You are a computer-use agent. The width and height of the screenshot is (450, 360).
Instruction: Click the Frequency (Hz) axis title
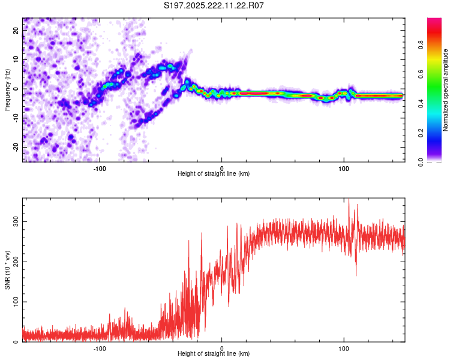coord(7,89)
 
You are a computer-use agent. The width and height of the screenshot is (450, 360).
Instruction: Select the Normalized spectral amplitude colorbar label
coord(446,90)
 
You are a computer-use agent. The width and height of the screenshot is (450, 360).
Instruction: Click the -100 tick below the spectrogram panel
coord(100,169)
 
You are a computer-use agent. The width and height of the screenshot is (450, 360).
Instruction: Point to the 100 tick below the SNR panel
coord(344,349)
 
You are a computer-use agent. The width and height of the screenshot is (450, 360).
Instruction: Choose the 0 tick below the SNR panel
coord(222,349)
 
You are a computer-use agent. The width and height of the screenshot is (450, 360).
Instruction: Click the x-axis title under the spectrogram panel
coord(214,174)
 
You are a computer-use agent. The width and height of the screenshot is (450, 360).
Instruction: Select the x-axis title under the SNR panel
coord(214,354)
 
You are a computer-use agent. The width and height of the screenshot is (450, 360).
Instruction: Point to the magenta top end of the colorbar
coord(434,20)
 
